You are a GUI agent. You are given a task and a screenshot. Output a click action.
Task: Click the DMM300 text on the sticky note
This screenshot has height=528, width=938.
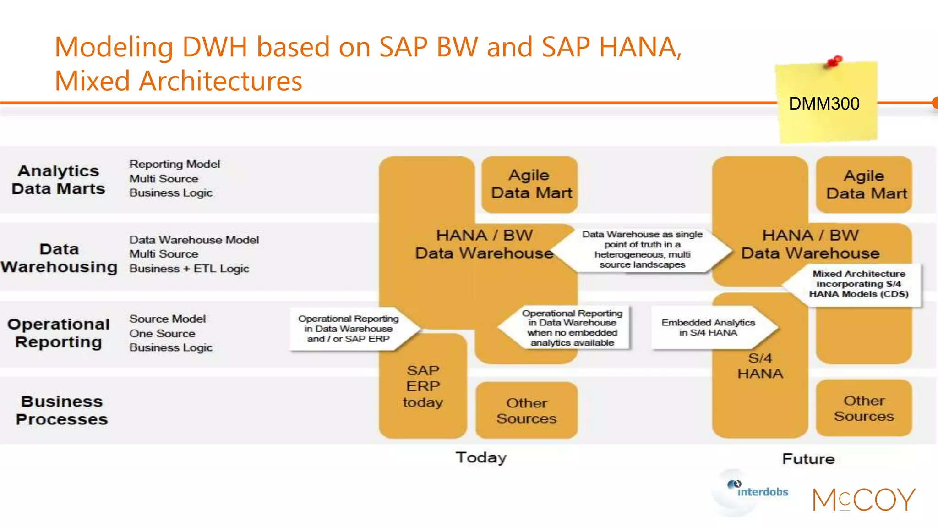(824, 104)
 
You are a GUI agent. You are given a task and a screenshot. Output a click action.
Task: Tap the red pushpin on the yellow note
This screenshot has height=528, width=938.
(834, 61)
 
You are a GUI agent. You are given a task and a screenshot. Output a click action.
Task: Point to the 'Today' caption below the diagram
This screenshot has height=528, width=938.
(481, 457)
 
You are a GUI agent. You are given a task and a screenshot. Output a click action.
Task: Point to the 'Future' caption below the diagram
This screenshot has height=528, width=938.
(808, 459)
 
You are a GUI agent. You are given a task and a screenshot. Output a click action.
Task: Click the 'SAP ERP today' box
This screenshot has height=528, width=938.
(423, 386)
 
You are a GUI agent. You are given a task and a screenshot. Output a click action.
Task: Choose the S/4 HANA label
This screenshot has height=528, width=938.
(760, 366)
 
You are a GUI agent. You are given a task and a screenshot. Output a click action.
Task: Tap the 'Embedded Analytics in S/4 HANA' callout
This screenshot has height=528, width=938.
(708, 328)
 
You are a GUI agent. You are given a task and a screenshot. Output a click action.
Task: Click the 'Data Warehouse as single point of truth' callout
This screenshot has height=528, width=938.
(642, 249)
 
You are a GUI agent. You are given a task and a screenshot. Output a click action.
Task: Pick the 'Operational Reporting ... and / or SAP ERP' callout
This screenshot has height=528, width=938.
(349, 329)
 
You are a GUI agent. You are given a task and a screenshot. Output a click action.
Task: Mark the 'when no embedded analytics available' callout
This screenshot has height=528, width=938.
(572, 328)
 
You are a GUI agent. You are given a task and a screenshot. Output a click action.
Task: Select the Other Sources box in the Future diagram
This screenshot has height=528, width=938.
(864, 408)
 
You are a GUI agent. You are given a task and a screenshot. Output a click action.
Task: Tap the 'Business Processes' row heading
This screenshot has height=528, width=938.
(62, 410)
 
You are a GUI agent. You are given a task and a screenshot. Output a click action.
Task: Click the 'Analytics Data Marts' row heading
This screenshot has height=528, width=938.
(59, 180)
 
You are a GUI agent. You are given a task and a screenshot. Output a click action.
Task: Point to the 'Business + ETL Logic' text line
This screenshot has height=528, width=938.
(189, 269)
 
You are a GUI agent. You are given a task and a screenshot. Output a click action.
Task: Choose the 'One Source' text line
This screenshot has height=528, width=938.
(162, 333)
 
